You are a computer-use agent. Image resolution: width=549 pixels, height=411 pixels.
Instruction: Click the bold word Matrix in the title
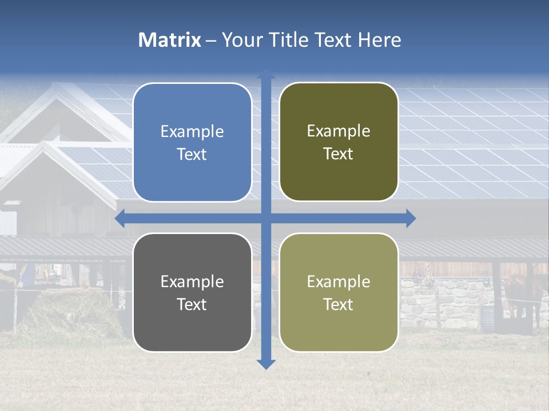tap(169, 40)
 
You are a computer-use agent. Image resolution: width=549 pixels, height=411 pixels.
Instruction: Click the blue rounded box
tap(192, 142)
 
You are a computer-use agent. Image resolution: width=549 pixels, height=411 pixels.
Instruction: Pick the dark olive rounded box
tap(339, 142)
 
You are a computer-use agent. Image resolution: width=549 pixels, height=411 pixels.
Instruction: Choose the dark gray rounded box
tap(192, 292)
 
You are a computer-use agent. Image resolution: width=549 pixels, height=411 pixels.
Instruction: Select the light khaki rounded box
tap(339, 292)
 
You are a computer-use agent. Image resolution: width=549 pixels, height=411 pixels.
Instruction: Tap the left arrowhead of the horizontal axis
tap(120, 218)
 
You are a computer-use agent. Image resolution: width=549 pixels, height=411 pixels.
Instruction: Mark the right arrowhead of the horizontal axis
tap(411, 218)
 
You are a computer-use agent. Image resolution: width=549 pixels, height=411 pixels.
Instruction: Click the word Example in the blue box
tap(192, 132)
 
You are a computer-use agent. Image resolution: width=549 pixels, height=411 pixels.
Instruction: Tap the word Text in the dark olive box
tap(339, 154)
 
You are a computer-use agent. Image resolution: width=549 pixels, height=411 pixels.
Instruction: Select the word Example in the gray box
tap(192, 281)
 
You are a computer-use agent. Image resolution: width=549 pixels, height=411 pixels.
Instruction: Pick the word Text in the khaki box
tap(339, 304)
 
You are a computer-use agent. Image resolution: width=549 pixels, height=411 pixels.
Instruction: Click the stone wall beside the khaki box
tap(435, 303)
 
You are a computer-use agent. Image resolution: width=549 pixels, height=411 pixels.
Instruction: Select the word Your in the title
tap(240, 40)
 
